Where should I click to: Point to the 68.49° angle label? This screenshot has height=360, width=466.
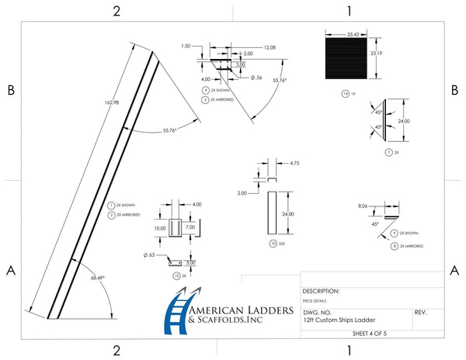coord(97,277)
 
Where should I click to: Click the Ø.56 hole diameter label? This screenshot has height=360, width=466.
coord(256,77)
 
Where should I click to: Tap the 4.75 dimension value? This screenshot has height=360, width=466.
coord(294,164)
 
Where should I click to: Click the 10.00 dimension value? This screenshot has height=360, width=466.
coord(160,229)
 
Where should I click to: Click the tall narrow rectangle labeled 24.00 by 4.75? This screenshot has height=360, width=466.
coord(272,211)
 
